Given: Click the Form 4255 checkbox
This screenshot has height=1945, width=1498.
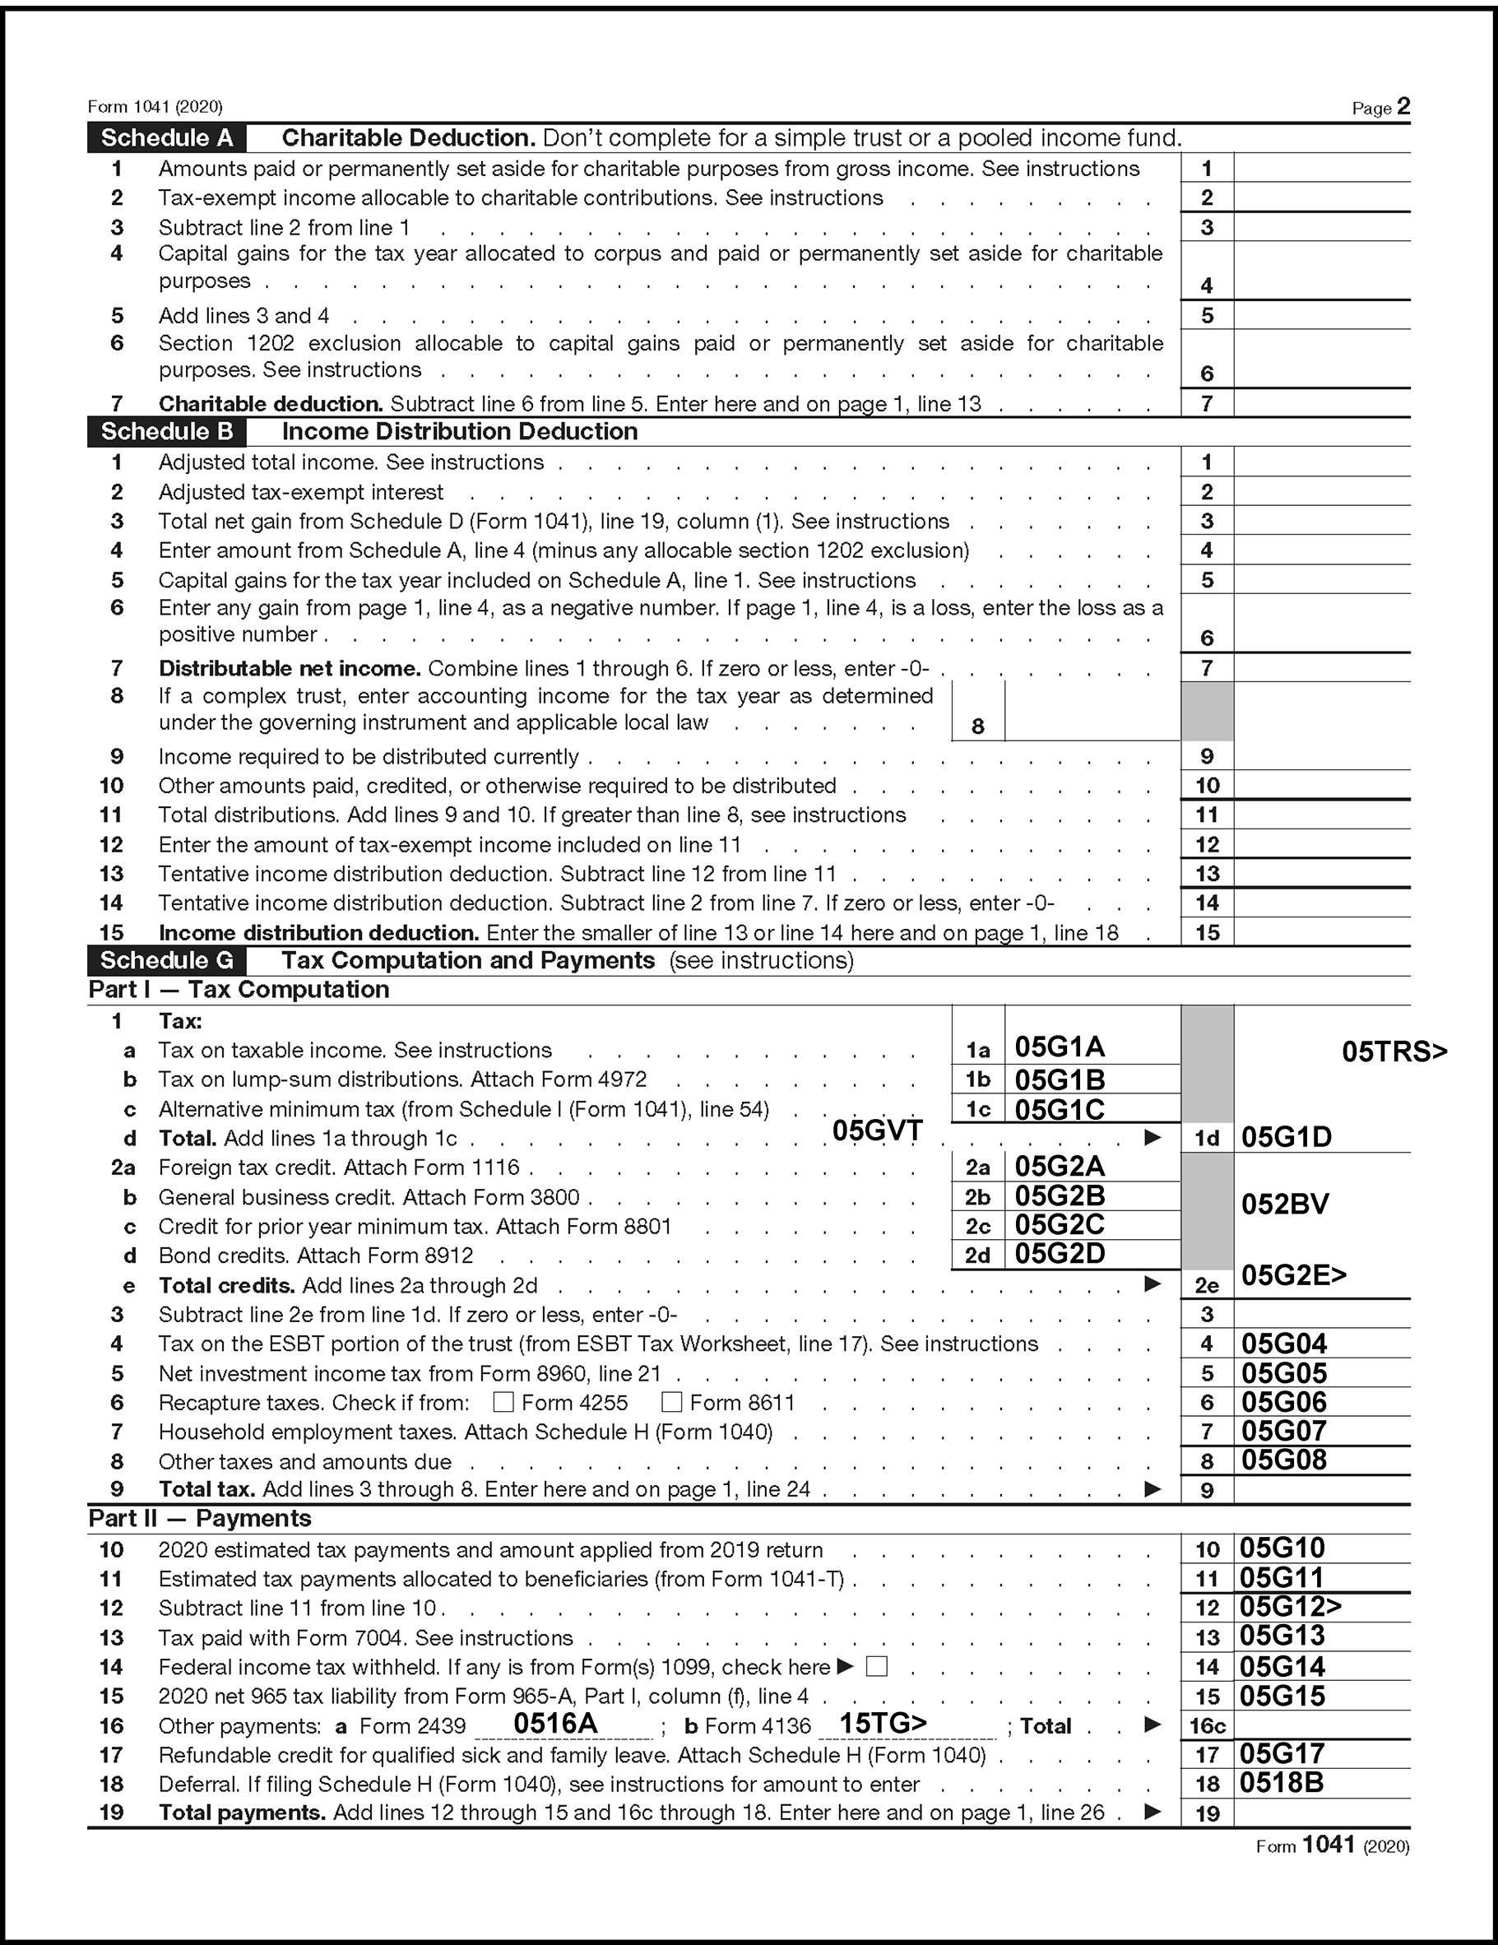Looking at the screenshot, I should point(503,1403).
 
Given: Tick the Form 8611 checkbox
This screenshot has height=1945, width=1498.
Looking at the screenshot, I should point(671,1403).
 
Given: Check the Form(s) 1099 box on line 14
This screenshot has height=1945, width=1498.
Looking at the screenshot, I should point(876,1666).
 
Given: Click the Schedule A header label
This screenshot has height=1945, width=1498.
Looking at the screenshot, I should point(166,138).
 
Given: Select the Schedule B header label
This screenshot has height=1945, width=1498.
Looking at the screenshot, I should point(166,432).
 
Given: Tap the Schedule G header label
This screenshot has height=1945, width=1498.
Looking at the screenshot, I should point(166,960).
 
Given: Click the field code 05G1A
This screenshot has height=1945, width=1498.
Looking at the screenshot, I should point(1060,1047).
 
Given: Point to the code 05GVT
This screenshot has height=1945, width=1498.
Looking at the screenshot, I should point(877,1130).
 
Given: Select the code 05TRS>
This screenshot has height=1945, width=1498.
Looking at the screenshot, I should point(1394,1051).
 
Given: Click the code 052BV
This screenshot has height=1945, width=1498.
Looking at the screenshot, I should point(1284,1204).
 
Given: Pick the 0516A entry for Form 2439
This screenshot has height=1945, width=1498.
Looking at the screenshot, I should point(556,1723).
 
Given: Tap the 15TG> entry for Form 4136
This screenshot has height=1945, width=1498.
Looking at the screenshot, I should point(883,1723).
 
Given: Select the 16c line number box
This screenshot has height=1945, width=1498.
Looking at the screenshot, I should point(1207,1726).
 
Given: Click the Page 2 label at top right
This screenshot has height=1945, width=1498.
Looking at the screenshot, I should point(1380,108).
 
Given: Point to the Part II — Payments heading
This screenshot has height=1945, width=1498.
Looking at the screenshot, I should point(200,1519).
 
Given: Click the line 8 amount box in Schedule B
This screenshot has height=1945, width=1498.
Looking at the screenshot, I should point(1092,712).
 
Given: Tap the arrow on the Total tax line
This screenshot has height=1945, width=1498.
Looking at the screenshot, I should point(1152,1489).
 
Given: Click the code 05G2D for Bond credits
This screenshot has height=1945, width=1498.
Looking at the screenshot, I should point(1060,1254).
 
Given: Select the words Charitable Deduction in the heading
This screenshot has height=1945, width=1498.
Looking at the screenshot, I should point(408,138).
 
